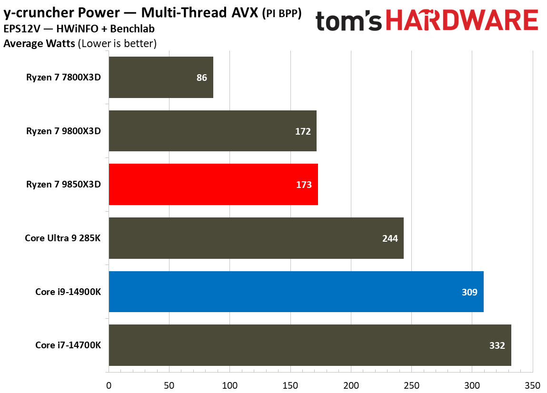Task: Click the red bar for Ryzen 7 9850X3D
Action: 213,185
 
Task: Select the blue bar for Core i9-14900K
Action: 296,292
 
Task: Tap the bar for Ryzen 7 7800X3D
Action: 160,78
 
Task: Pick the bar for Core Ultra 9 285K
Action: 256,238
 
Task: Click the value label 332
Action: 497,345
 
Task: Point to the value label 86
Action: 202,78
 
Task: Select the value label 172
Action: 303,131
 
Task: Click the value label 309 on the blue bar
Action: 469,292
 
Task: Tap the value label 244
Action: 389,238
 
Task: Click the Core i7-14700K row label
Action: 68,345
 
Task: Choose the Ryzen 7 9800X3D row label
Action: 64,131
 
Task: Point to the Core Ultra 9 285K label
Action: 63,238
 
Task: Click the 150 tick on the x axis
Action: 290,384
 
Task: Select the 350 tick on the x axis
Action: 532,384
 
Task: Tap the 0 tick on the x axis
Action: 109,384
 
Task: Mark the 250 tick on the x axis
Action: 411,384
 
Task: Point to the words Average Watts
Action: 39,44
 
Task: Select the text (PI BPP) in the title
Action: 282,15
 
